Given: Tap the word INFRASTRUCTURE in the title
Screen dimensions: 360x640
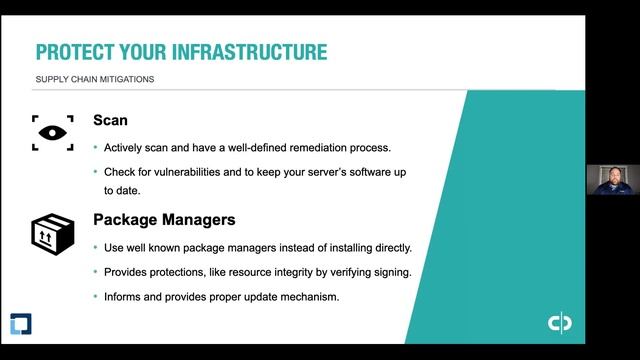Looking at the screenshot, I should [249, 52].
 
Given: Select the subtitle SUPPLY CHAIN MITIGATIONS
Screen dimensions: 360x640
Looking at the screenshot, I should [95, 80].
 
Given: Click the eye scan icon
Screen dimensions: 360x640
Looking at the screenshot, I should [53, 131].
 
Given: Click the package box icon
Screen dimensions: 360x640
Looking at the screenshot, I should [53, 232].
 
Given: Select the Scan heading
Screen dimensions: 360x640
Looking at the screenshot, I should [110, 121].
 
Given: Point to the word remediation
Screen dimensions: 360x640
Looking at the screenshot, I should [304, 147].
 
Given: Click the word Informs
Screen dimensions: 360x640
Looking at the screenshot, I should [123, 297].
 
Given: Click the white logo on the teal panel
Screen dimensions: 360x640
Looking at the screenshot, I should [559, 324].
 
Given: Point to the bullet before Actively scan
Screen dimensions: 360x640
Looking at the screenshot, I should [96, 148].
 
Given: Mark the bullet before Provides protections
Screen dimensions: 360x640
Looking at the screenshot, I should [96, 272].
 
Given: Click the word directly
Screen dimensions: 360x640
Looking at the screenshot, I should [391, 247].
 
